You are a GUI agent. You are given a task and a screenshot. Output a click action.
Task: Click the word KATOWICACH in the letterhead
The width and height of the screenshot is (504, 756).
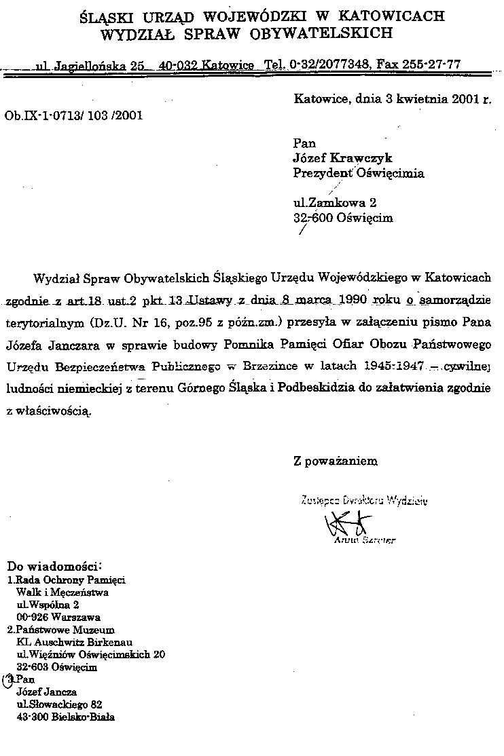(397, 14)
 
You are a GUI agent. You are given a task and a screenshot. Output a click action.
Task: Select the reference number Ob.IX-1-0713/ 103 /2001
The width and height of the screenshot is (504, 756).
(73, 115)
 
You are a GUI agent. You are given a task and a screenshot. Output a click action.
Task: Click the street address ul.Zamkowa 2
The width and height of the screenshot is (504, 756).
(334, 203)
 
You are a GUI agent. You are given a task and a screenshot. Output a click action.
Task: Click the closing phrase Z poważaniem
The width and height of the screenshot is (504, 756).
(335, 461)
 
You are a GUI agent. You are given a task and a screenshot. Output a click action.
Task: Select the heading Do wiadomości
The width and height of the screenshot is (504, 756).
(54, 565)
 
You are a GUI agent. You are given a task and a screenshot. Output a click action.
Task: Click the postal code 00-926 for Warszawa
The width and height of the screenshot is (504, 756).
(31, 618)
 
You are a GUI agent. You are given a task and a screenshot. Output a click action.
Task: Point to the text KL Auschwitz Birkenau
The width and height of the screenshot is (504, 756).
(74, 642)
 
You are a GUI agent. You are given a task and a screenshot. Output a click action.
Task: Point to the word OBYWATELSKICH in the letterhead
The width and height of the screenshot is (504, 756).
(323, 32)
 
